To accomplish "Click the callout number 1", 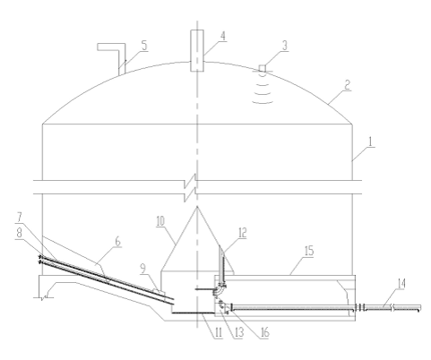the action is coord(370,141).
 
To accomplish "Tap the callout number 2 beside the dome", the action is coord(347,85).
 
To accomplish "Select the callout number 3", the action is coord(285,46).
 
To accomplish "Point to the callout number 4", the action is coord(223,36).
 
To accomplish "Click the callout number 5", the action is coord(144,46).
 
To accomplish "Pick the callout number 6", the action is coord(118,241).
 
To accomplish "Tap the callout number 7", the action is coord(20,217).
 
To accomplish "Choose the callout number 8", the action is coord(20,233).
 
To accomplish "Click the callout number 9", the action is coord(143,269).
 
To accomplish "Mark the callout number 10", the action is coord(160,221).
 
